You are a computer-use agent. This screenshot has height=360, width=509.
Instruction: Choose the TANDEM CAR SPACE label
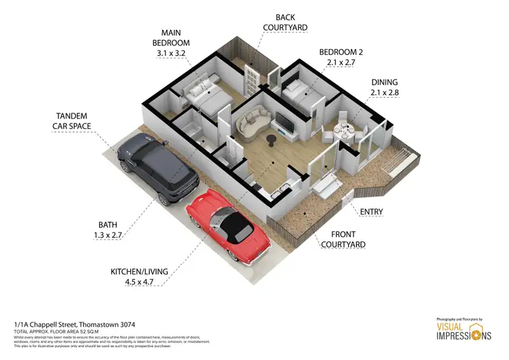click(x=72, y=120)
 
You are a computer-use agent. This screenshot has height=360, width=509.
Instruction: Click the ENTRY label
click(x=371, y=212)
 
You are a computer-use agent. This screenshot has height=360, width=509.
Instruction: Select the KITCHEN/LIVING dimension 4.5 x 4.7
click(x=139, y=282)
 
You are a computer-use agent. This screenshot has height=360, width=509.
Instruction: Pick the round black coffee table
click(x=271, y=140)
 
